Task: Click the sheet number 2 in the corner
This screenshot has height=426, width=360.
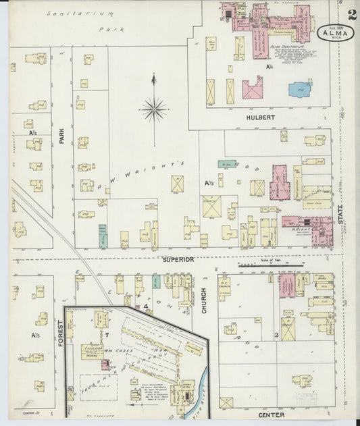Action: pos(351,14)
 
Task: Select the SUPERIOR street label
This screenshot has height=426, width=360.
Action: pos(178,259)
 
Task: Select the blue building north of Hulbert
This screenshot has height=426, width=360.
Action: pos(300,88)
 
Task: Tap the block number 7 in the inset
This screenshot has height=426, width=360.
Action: pos(106,334)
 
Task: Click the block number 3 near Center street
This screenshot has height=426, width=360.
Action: pos(276,335)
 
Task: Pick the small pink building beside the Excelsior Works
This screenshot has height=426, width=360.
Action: pos(105,365)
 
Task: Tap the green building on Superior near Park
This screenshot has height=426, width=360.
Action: pos(103,235)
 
